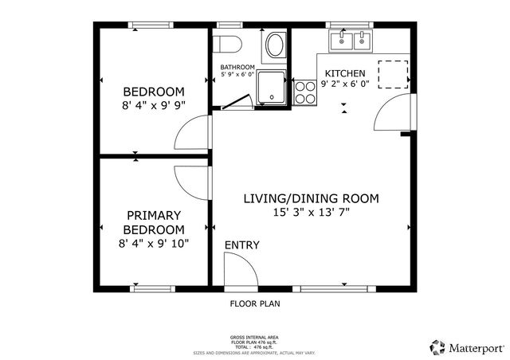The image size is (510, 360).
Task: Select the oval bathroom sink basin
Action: coord(276,44)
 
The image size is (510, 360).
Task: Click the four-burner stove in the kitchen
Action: coord(304,92)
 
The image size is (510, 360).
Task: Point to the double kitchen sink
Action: coord(351,41)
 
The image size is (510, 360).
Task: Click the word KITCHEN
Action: coord(343,73)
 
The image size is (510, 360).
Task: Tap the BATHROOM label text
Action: coord(237,67)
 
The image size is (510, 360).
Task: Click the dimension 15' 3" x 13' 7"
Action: coord(311,212)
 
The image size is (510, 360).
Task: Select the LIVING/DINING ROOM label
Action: coord(311,198)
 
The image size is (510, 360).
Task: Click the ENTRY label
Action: coord(241,245)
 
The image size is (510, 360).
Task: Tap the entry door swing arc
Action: coord(240,271)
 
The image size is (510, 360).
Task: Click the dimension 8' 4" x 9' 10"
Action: coord(153,242)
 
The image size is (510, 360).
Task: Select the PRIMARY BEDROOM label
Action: coord(153,222)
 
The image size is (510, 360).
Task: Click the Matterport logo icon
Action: coord(437,347)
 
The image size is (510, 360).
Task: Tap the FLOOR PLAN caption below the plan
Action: coord(255,303)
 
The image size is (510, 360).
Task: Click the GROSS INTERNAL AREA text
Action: coord(255,338)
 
